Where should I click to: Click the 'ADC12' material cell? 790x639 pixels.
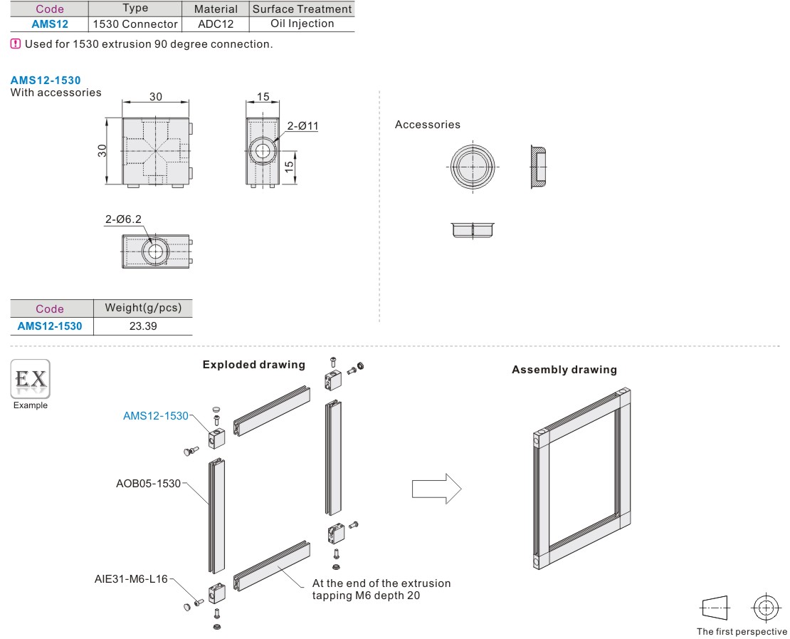[216, 24]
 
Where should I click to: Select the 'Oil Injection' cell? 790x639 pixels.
[302, 24]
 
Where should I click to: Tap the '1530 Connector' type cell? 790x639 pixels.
[135, 24]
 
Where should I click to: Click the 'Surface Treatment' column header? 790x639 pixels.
[302, 9]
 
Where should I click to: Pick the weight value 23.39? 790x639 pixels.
[143, 326]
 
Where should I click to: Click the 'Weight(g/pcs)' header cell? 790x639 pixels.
[143, 308]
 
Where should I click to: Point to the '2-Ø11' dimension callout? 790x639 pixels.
[303, 126]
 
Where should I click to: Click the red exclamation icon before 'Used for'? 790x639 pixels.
[16, 43]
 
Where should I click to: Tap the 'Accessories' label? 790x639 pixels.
[428, 125]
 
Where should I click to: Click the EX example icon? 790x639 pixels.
[30, 379]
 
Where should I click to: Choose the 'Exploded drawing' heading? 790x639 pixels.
[253, 365]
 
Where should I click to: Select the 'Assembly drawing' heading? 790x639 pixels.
[564, 370]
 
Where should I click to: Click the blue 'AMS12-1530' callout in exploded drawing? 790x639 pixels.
[156, 415]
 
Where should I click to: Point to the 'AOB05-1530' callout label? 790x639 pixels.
[148, 484]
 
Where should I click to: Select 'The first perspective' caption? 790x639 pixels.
[742, 631]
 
